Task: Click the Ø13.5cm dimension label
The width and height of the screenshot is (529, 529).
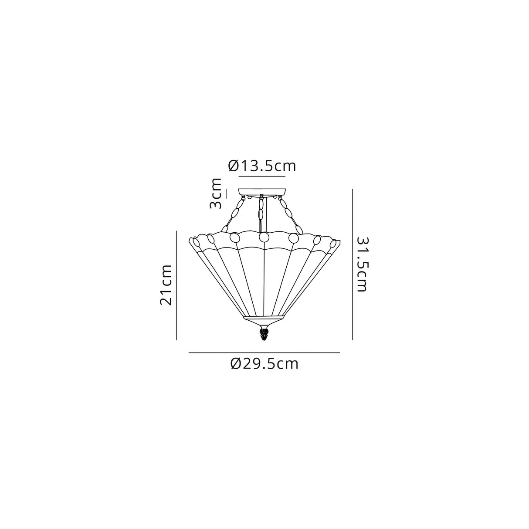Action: click(262, 166)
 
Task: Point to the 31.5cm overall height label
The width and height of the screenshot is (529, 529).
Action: click(363, 264)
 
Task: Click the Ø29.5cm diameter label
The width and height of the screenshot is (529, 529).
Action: click(264, 363)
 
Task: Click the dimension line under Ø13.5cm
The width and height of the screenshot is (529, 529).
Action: click(262, 176)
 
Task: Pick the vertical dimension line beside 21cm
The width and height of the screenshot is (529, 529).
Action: click(176, 285)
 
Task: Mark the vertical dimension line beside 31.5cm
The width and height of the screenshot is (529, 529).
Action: click(352, 264)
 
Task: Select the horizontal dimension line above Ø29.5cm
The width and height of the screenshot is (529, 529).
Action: click(264, 352)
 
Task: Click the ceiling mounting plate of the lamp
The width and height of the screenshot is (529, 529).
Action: click(262, 191)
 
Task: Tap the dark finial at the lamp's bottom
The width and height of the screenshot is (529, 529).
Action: click(263, 335)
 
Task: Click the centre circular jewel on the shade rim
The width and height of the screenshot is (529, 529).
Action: click(264, 237)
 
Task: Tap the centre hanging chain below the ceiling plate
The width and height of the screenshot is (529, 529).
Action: click(261, 214)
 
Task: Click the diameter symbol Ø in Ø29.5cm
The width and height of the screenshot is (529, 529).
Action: click(235, 363)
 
